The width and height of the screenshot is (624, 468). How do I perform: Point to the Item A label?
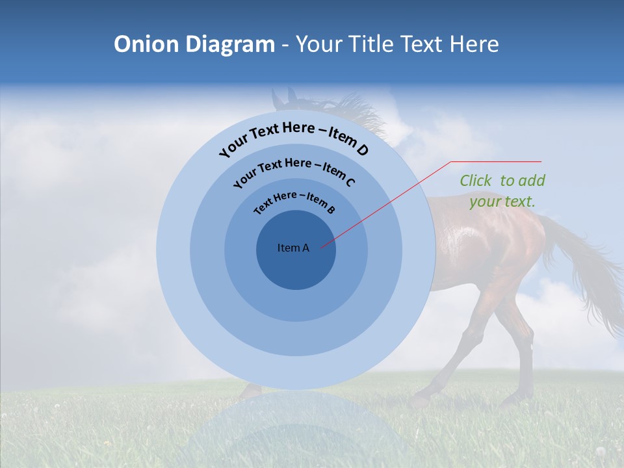[293, 248]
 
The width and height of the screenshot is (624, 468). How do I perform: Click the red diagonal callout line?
[390, 203]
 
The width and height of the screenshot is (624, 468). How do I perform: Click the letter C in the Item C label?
[350, 182]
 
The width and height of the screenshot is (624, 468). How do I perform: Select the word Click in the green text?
[476, 181]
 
